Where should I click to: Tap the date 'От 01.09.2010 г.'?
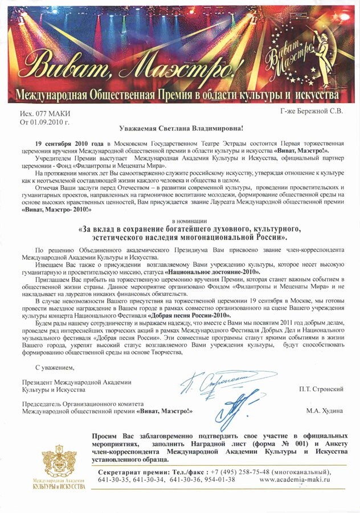tap(45, 122)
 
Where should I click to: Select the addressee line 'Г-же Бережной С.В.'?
tap(312, 111)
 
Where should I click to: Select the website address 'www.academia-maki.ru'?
tap(294, 480)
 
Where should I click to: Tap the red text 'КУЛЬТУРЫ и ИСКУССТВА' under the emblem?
tap(59, 487)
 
